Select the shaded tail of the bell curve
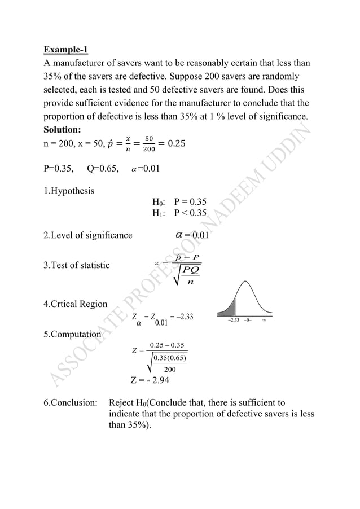227,308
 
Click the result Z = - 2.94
151,380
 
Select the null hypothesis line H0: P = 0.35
179,201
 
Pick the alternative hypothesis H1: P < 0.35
179,213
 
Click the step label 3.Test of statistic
77,265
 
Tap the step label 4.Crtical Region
75,304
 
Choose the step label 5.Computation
72,334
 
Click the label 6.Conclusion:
71,403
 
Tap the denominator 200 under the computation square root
170,370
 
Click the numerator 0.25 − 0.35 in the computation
168,345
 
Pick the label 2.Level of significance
88,235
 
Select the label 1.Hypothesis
69,190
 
